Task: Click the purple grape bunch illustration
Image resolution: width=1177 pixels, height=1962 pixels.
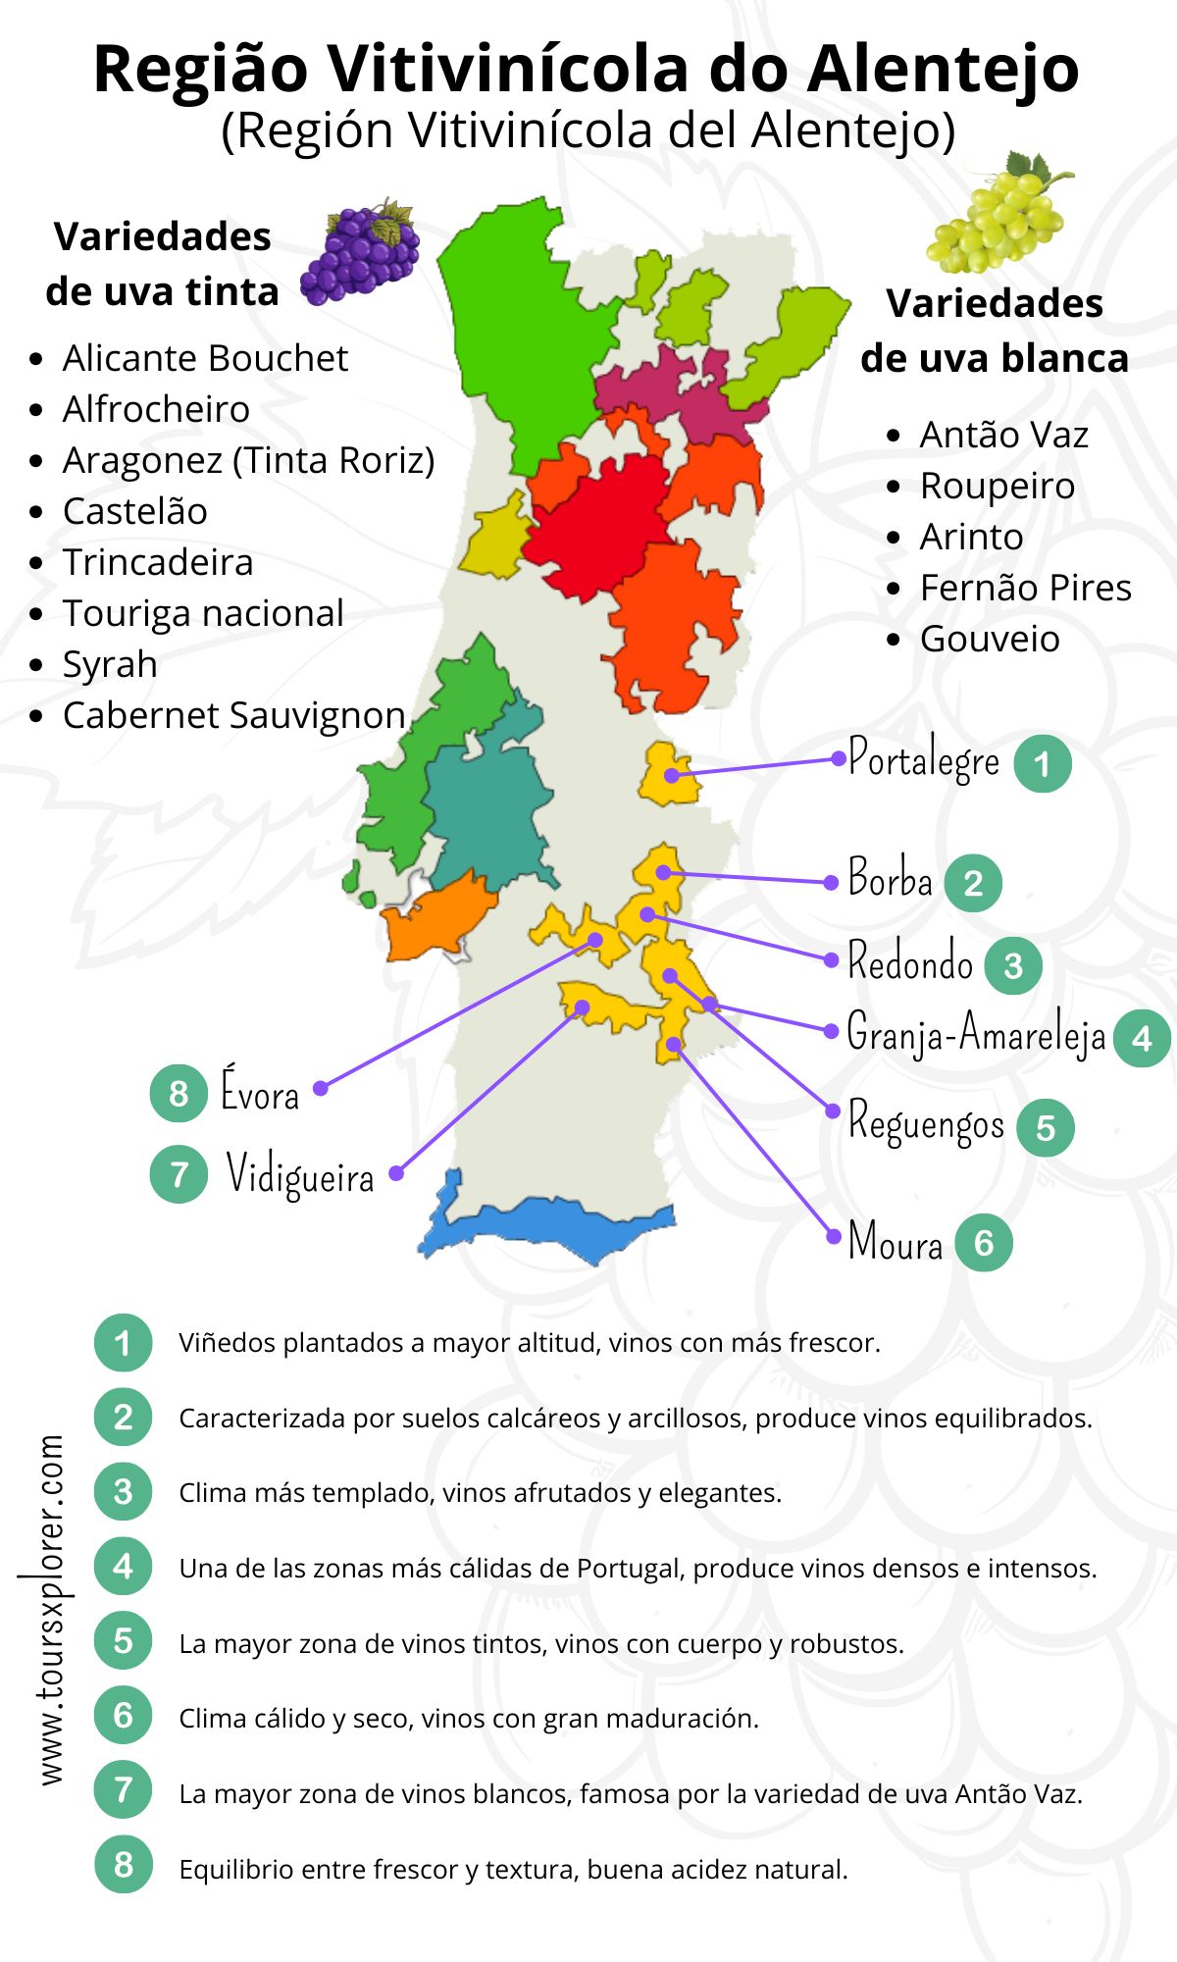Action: click(x=360, y=254)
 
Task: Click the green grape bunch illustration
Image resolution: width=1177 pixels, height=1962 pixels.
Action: click(x=998, y=213)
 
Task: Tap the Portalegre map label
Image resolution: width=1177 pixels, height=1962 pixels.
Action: click(x=923, y=759)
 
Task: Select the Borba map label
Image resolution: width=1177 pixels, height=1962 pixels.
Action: click(x=890, y=878)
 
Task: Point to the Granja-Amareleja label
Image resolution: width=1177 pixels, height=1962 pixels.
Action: click(x=976, y=1033)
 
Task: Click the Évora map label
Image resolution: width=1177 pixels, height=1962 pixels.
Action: click(x=259, y=1092)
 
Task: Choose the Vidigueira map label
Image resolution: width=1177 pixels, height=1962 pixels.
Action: click(x=300, y=1173)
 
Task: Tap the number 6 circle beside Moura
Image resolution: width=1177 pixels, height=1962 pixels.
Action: click(x=983, y=1243)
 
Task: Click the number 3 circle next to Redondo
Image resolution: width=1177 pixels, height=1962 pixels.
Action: click(x=1013, y=965)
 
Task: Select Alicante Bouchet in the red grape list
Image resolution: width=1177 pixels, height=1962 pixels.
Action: click(x=205, y=359)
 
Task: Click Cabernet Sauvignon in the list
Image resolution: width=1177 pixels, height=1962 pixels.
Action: click(x=233, y=716)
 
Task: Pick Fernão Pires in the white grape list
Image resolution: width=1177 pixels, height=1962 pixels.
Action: click(x=1025, y=589)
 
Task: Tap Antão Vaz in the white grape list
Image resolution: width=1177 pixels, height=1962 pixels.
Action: click(x=1003, y=436)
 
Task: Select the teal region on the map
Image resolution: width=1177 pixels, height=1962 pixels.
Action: click(x=486, y=804)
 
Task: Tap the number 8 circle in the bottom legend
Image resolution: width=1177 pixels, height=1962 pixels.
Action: click(x=123, y=1865)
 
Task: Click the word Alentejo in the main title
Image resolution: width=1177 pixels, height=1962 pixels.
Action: click(x=944, y=69)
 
